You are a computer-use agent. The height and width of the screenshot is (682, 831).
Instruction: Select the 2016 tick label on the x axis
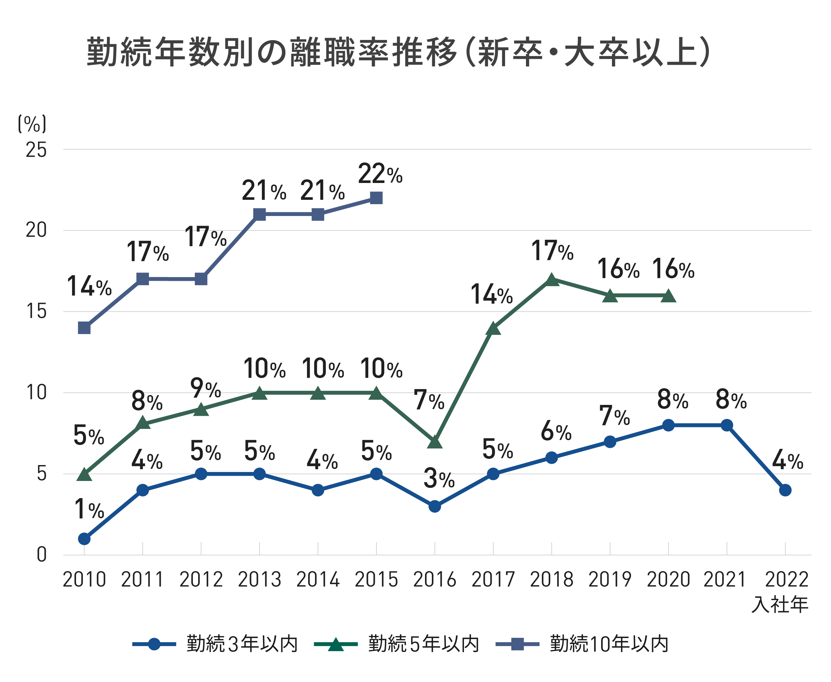(x=434, y=579)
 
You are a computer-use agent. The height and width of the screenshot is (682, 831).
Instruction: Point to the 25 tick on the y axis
(x=36, y=150)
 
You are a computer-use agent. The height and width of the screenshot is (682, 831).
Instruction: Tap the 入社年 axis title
(x=780, y=605)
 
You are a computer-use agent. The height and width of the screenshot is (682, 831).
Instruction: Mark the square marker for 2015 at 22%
(x=376, y=198)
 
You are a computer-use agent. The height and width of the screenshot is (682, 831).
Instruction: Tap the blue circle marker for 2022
(x=785, y=490)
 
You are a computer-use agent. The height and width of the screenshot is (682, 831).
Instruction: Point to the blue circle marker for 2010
(x=84, y=539)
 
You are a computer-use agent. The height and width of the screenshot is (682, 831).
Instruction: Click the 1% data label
(x=89, y=510)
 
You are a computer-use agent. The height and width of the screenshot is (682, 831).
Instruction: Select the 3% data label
(x=439, y=480)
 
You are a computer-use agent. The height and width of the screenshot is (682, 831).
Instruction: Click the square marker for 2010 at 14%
(x=84, y=328)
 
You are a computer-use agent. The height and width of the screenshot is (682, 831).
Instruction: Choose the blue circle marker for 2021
(x=727, y=425)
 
